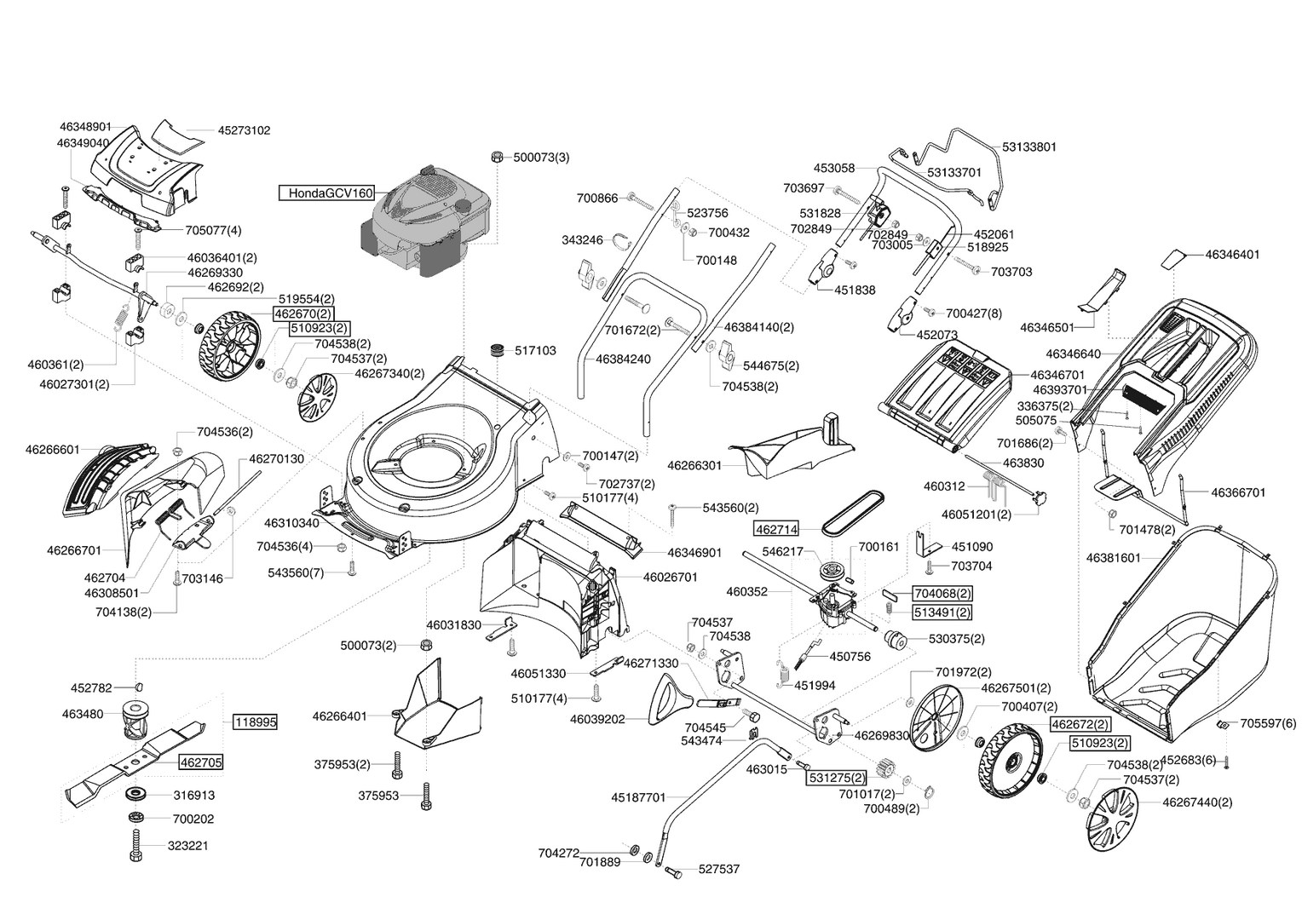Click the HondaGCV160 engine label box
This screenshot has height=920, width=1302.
(x=326, y=193)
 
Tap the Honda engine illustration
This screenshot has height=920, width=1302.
(x=425, y=221)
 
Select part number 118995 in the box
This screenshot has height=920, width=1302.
(x=255, y=722)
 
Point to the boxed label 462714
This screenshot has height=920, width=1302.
(x=776, y=530)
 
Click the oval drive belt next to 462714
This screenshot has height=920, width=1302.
(x=853, y=512)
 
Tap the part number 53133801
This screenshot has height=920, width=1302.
(x=1029, y=147)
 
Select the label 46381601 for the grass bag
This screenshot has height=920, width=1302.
(x=1113, y=558)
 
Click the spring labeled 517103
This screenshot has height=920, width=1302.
(x=497, y=351)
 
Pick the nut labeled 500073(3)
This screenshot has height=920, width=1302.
(x=497, y=157)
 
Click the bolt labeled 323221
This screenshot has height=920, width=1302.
(x=135, y=846)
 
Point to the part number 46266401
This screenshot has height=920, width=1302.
(x=339, y=716)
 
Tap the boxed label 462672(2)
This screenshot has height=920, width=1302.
(x=1080, y=725)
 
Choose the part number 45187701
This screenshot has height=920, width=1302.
(x=638, y=797)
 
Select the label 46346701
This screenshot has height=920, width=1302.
(x=1057, y=376)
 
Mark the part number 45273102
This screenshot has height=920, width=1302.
(x=244, y=131)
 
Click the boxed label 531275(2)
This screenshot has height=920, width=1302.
(x=837, y=777)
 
